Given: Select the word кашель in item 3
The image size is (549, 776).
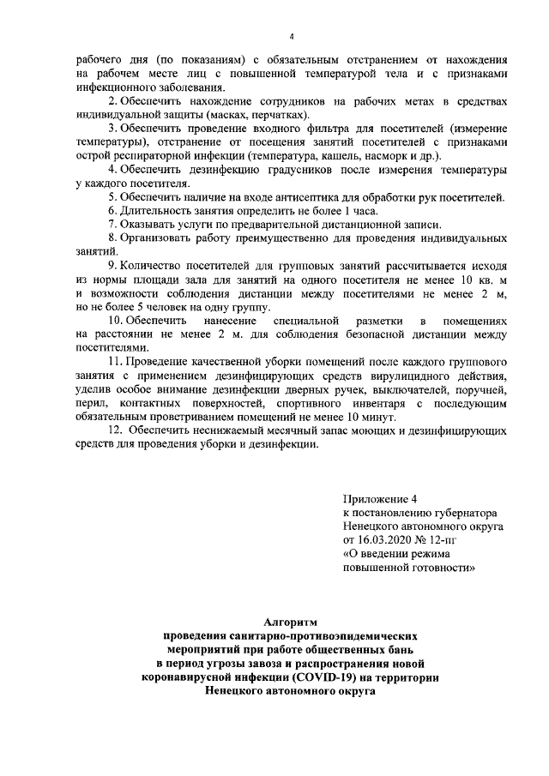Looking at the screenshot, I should [339, 156].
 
